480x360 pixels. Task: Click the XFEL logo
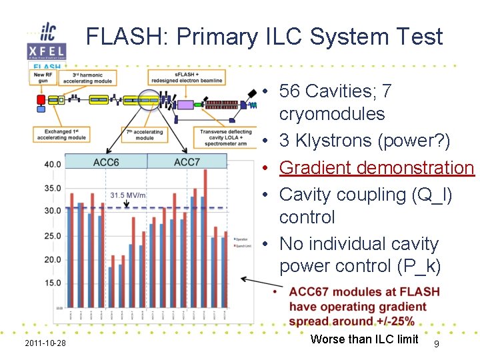[x=46, y=51]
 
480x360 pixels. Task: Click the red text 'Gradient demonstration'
[x=376, y=167]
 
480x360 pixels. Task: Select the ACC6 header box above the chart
[x=106, y=161]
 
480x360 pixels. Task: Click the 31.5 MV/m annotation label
[x=127, y=195]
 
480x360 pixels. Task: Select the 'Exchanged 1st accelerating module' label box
[x=61, y=135]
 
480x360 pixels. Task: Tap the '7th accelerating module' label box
[x=144, y=135]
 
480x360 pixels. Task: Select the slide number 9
[x=436, y=343]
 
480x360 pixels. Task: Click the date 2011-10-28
[x=45, y=343]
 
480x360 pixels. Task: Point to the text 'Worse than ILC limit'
[x=364, y=339]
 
